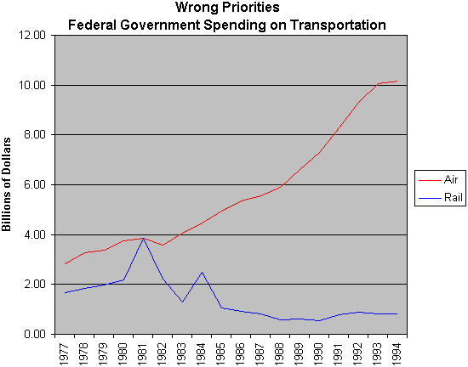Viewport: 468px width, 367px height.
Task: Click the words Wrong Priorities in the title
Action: (227, 7)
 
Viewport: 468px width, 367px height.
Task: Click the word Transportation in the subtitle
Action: (338, 25)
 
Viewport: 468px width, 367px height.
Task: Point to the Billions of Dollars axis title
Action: (6, 184)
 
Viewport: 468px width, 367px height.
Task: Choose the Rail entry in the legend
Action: (441, 197)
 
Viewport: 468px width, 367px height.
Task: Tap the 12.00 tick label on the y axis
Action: (32, 35)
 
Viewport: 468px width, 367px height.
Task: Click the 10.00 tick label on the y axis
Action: (32, 85)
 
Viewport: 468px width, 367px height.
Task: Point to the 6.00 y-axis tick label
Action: (35, 184)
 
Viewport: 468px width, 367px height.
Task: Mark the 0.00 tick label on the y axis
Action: (35, 334)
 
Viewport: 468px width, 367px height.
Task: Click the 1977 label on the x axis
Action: (65, 354)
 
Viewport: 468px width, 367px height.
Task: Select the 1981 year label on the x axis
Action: (143, 354)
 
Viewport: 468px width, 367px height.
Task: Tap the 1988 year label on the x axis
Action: (280, 354)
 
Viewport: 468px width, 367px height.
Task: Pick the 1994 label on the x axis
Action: (397, 354)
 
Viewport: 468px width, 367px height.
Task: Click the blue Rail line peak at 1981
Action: (143, 239)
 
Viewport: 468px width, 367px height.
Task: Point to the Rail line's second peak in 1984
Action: (202, 272)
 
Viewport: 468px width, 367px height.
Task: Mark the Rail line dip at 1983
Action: (182, 302)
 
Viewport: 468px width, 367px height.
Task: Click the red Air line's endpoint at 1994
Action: (397, 81)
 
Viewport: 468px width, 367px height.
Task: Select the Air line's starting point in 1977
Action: (65, 264)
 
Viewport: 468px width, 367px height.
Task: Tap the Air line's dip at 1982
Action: (163, 245)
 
